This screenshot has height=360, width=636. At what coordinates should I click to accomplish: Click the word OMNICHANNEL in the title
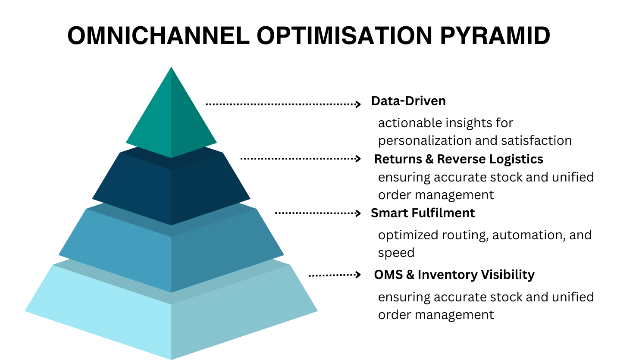pos(158,35)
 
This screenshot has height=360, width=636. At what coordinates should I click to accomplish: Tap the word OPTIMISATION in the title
pos(345,35)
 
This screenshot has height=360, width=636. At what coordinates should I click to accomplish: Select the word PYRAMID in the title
pos(495,35)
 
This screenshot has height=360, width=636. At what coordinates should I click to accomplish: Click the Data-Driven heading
pos(408,101)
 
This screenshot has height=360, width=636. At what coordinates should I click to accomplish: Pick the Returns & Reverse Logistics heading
pos(458,159)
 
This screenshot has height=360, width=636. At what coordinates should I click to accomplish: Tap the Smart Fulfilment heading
pos(423,213)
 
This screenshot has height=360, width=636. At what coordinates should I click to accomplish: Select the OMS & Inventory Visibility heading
pos(454,275)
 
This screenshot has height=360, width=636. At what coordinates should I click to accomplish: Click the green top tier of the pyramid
pos(171,113)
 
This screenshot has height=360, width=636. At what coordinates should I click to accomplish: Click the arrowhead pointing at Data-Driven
pos(358,104)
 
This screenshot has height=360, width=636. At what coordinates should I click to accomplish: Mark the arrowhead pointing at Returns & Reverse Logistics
pos(358,158)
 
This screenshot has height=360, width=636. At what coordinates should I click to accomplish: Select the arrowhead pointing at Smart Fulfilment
pos(358,213)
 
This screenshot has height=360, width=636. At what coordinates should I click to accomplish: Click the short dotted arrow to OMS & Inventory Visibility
pos(335,275)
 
